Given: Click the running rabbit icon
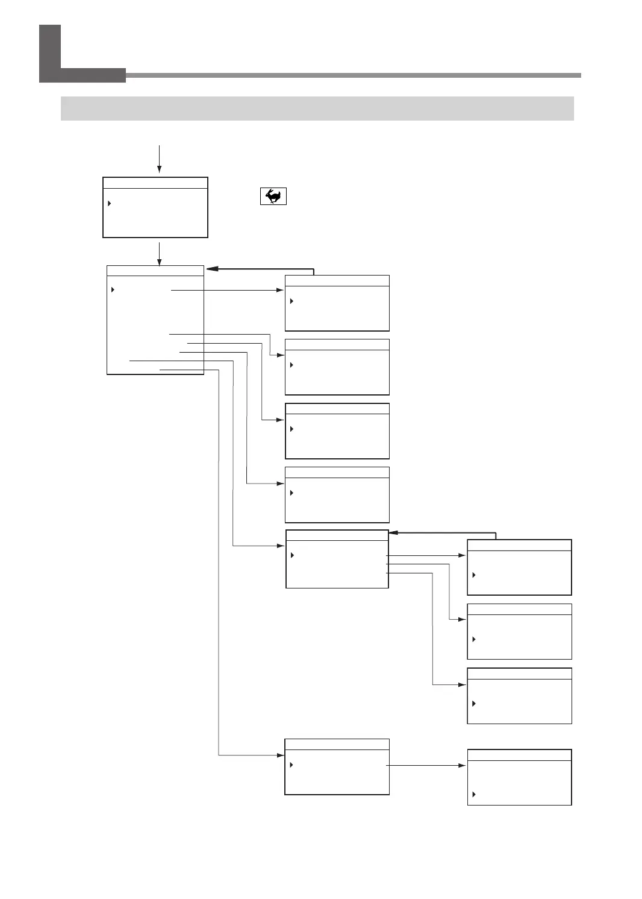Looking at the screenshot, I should [x=273, y=197].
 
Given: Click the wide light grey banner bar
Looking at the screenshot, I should [x=317, y=109].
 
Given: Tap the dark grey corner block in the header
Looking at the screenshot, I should [x=51, y=53].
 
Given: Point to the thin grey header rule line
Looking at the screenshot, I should [x=353, y=75].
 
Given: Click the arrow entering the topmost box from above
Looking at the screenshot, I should [x=159, y=160].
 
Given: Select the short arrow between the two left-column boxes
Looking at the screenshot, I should [x=159, y=253].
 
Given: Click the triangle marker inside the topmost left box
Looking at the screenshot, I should [x=110, y=203].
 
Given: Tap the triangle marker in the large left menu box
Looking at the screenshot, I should [x=113, y=290].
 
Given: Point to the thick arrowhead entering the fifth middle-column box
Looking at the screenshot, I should [x=394, y=533].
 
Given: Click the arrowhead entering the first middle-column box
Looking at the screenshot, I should [x=280, y=290].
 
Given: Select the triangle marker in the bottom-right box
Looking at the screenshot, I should [x=473, y=795].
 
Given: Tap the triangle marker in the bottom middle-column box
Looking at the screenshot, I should [x=291, y=765].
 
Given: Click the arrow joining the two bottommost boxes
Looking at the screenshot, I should [x=426, y=765].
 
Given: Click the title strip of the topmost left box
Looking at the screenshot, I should [x=155, y=183].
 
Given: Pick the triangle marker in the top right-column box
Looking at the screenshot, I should [x=473, y=575].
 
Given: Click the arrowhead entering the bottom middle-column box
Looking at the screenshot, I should [x=280, y=755].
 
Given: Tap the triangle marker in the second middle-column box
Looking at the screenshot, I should [x=291, y=365].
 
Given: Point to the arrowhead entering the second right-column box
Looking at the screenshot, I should [x=463, y=620].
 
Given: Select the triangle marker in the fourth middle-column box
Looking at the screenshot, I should [x=291, y=493].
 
